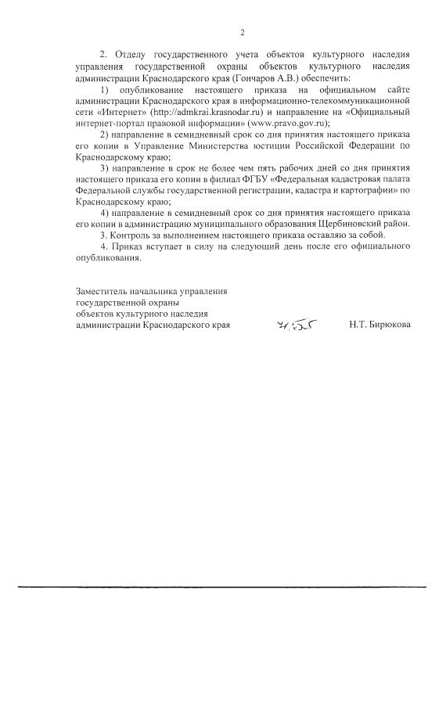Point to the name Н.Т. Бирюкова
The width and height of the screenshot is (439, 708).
coord(380,324)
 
